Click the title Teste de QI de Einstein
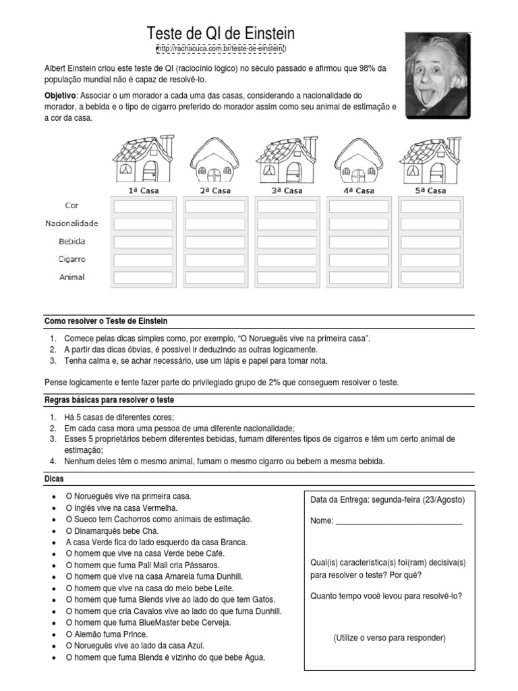coord(221,34)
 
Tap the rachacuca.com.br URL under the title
coord(221,49)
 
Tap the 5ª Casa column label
coord(430,191)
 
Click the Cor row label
coord(72,205)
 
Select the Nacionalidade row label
coord(72,223)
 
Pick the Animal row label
coord(72,277)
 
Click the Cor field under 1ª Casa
coord(143,206)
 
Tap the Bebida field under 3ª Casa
coord(287,242)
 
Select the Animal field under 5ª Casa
coord(430,277)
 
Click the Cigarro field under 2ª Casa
coord(215,260)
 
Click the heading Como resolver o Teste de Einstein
coord(106,321)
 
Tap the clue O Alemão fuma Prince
coord(107,634)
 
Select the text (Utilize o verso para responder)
coord(389,638)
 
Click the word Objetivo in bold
coord(59,96)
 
